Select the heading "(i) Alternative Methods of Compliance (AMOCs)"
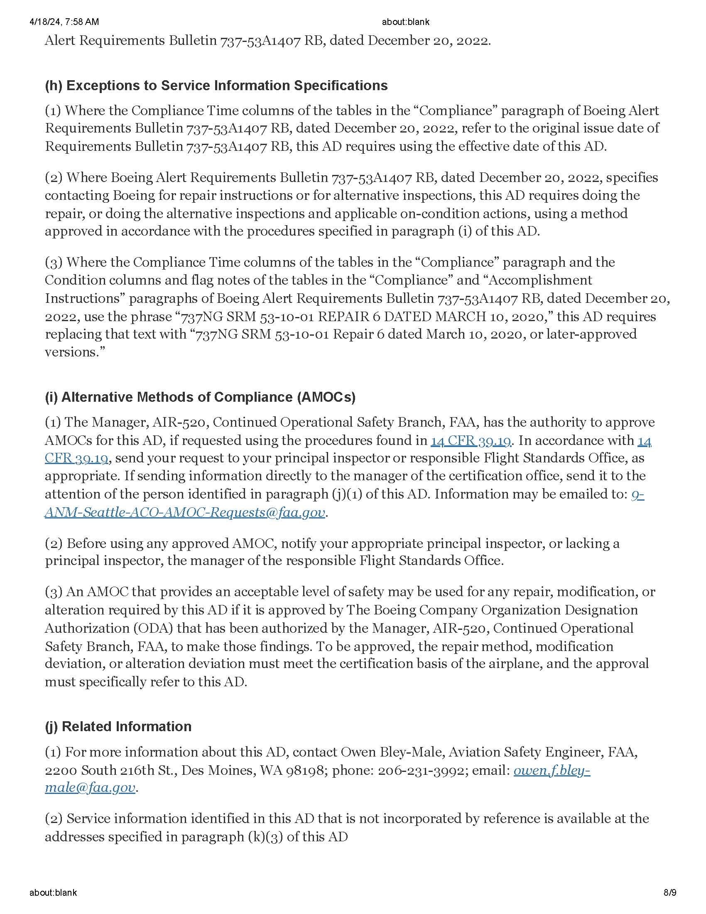point(200,397)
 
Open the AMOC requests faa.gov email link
point(184,512)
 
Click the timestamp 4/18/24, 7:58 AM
point(64,22)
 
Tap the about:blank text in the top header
point(405,22)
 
